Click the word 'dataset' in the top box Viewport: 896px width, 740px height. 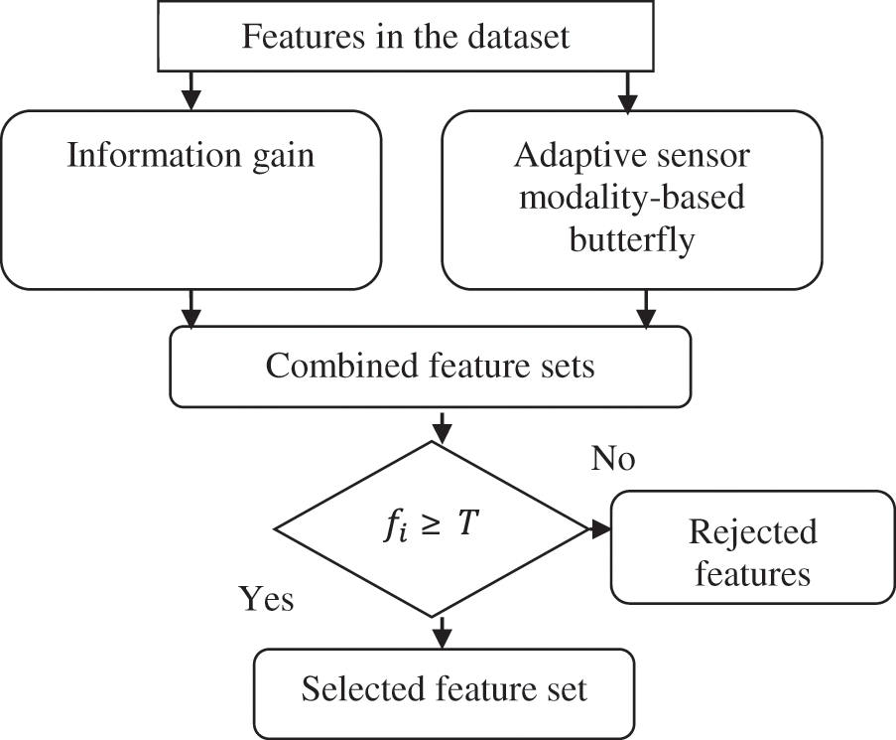[518, 36]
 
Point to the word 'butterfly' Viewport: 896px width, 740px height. [631, 238]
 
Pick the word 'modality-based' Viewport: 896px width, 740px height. [631, 197]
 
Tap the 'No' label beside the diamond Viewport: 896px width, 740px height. [612, 458]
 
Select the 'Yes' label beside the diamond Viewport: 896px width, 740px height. [266, 599]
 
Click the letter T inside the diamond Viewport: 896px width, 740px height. [467, 522]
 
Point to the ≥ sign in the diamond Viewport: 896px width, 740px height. [432, 524]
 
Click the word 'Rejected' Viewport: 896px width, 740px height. [752, 531]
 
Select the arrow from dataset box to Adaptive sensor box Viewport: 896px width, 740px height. [627, 91]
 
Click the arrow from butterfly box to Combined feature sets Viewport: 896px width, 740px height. [646, 309]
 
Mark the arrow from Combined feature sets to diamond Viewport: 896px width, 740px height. [442, 426]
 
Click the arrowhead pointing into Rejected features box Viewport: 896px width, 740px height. [600, 529]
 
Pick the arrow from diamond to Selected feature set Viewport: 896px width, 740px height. [442, 633]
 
